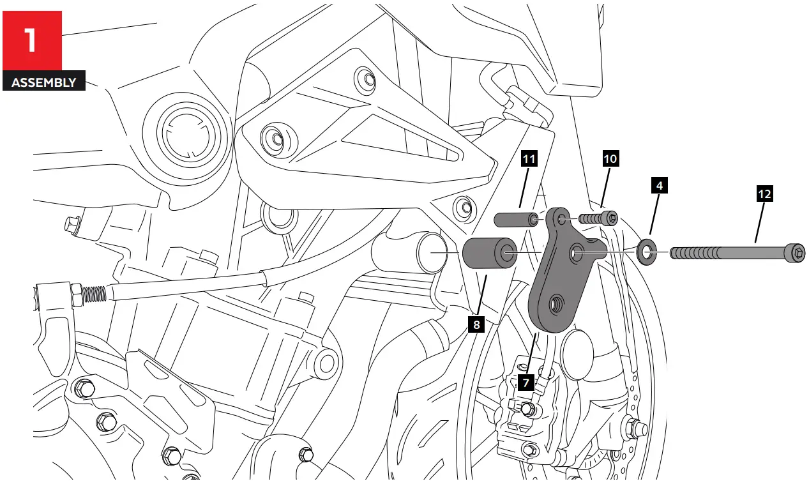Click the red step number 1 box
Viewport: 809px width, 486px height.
32,40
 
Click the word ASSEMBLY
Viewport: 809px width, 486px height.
43,82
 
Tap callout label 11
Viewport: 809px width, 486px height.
529,158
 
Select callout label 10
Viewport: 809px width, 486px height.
610,158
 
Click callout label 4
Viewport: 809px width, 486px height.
659,186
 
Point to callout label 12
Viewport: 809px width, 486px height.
764,194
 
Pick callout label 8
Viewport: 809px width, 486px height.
476,324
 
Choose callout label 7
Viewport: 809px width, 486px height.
525,383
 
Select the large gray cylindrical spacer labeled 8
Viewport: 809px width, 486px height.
489,254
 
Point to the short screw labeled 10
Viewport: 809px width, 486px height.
599,219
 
